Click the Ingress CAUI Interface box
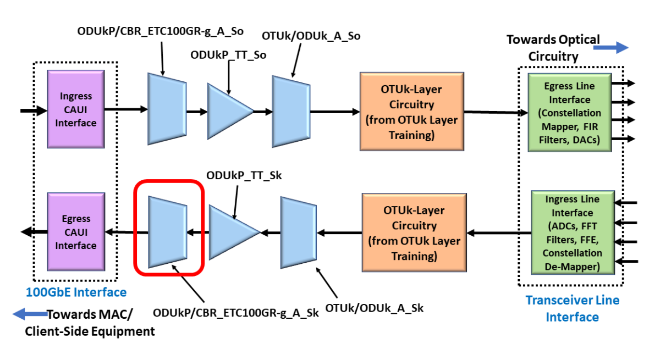coord(75,110)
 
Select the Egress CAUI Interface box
coord(75,232)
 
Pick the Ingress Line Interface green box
coord(572,232)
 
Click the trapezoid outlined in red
coord(168,232)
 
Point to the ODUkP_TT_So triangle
coord(227,111)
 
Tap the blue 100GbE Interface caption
coord(75,292)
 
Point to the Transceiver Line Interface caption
coord(572,308)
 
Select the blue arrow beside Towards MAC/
coord(28,314)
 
